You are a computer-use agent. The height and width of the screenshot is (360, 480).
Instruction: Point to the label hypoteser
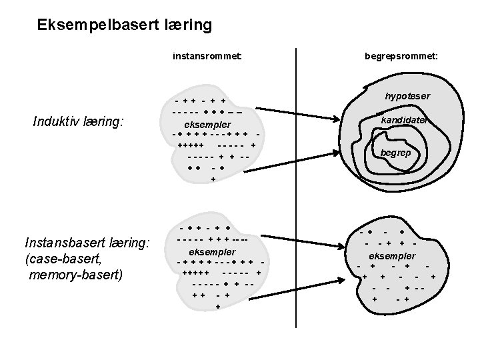(x=407, y=96)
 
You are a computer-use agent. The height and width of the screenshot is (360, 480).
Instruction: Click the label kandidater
(x=403, y=121)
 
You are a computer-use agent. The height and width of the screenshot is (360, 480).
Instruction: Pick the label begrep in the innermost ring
(x=396, y=153)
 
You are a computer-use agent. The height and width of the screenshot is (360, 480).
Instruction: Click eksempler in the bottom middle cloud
(x=213, y=251)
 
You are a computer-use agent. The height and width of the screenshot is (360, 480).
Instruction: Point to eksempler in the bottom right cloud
(x=392, y=256)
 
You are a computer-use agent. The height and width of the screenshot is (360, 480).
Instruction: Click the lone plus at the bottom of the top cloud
(x=213, y=179)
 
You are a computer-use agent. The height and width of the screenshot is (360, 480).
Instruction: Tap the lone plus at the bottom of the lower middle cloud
(x=218, y=307)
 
